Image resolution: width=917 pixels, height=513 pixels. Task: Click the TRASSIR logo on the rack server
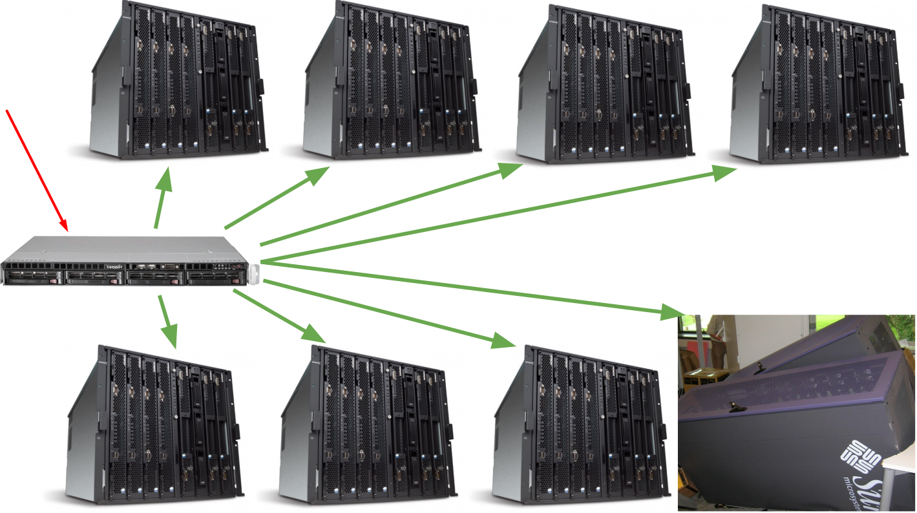click(113, 266)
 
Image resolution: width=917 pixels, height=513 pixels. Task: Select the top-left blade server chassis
click(177, 81)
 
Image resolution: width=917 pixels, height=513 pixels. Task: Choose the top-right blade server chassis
click(817, 81)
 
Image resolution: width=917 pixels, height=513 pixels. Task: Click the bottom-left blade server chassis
click(155, 423)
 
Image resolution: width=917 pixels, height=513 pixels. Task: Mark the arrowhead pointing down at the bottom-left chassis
click(169, 335)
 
